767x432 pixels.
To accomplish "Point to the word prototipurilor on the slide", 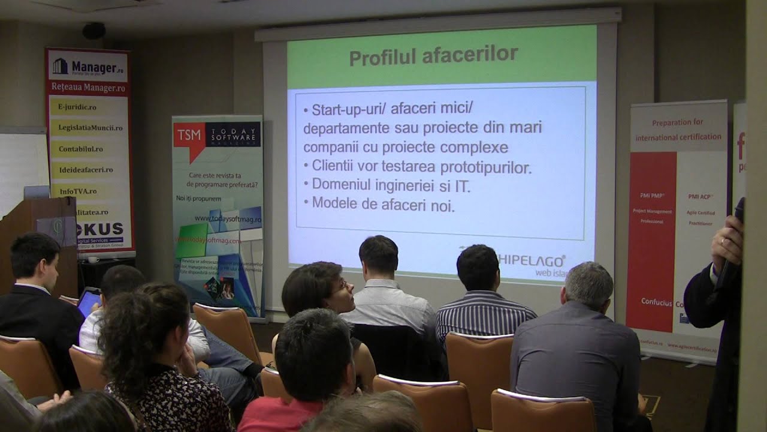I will pyautogui.click(x=485, y=167).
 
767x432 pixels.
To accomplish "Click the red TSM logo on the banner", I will pyautogui.click(x=188, y=136).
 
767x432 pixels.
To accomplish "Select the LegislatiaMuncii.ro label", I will pyautogui.click(x=90, y=128).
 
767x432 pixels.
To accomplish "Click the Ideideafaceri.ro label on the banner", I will pyautogui.click(x=86, y=170).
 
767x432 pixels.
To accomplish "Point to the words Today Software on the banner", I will pyautogui.click(x=232, y=134).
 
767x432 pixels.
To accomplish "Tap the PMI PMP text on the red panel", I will pyautogui.click(x=651, y=196).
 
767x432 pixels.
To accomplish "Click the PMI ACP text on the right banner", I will pyautogui.click(x=699, y=196).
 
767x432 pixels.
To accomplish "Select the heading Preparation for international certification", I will pyautogui.click(x=678, y=129).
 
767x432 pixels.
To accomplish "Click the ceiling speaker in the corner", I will pyautogui.click(x=93, y=31).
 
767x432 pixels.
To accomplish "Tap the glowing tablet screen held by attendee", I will pyautogui.click(x=89, y=302).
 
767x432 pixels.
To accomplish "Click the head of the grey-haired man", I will pyautogui.click(x=589, y=284).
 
